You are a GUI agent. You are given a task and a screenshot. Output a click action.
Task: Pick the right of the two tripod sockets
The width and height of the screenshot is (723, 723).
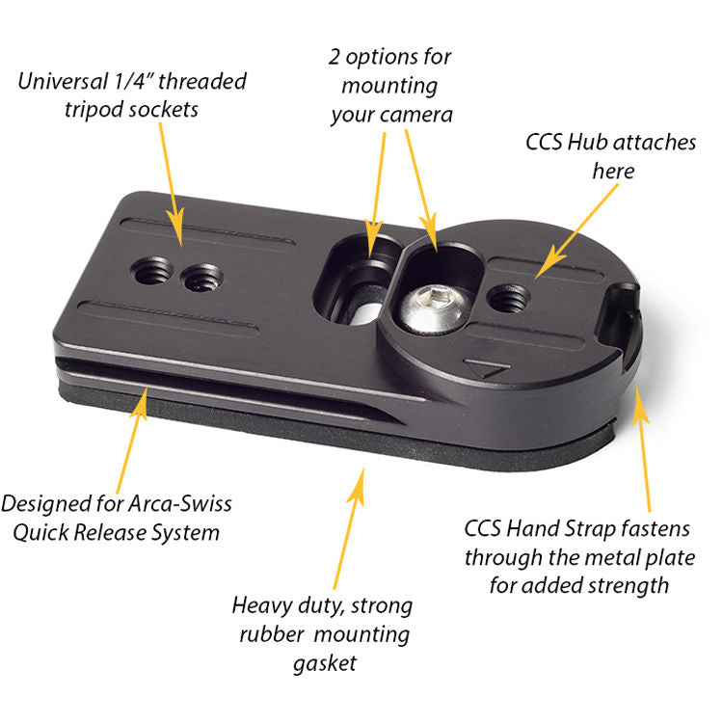click(201, 280)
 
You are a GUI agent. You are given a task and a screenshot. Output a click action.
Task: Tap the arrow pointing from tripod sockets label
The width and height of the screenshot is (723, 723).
click(174, 178)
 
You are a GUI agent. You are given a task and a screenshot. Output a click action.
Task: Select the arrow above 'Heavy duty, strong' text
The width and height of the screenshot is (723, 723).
click(349, 530)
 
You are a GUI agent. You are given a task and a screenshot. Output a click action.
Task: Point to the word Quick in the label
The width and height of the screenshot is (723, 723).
click(50, 532)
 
